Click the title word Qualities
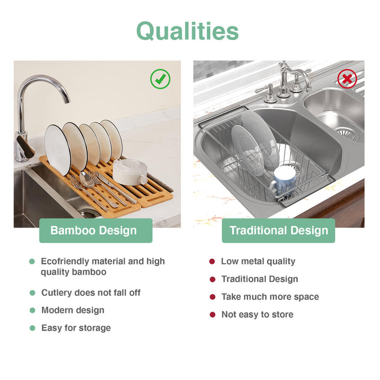click(x=187, y=31)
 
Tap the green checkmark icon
click(x=160, y=79)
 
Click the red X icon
click(x=347, y=78)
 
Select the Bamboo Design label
click(x=95, y=230)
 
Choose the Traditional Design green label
click(x=278, y=230)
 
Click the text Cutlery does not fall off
click(x=91, y=293)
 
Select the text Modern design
click(x=72, y=310)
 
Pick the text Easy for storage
click(x=76, y=328)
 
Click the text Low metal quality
click(x=258, y=262)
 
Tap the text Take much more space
click(x=270, y=297)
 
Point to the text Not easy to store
click(x=257, y=315)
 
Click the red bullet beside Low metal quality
click(x=212, y=262)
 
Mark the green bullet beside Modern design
click(x=32, y=310)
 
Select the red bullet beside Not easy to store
click(x=212, y=315)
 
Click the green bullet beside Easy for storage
click(x=32, y=328)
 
